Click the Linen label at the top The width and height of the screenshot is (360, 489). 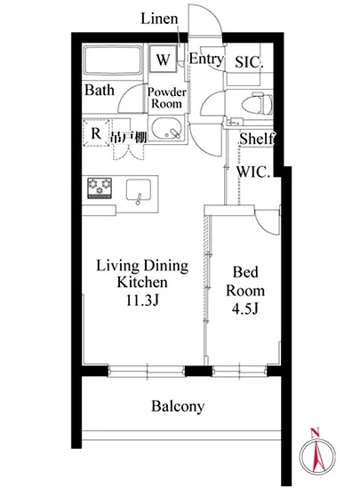[159, 19]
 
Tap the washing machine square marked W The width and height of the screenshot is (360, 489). [163, 59]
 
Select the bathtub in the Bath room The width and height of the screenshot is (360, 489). [113, 60]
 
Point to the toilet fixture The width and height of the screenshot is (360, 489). [258, 103]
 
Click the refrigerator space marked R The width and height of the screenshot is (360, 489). [96, 132]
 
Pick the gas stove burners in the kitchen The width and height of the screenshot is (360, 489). [100, 188]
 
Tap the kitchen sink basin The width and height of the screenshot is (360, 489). [139, 190]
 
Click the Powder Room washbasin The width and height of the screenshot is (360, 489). [166, 129]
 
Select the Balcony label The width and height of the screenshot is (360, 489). [178, 406]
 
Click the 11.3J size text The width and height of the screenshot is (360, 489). [142, 300]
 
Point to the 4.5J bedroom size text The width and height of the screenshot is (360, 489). [245, 309]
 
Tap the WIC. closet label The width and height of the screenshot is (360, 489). [253, 172]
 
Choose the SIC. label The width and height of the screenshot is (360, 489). [249, 62]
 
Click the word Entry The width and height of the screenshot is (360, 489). [206, 59]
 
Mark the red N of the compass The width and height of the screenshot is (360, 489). [315, 433]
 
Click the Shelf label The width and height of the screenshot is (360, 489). [257, 139]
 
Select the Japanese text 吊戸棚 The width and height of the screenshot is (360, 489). [128, 137]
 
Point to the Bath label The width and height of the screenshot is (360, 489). [100, 90]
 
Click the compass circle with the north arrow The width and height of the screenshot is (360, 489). [317, 455]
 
